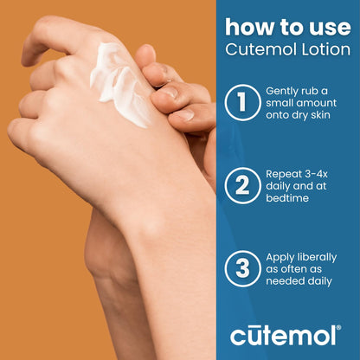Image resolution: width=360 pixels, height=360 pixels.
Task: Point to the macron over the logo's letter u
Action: [260, 324]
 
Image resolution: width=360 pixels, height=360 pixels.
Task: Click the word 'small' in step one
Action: [286, 104]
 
